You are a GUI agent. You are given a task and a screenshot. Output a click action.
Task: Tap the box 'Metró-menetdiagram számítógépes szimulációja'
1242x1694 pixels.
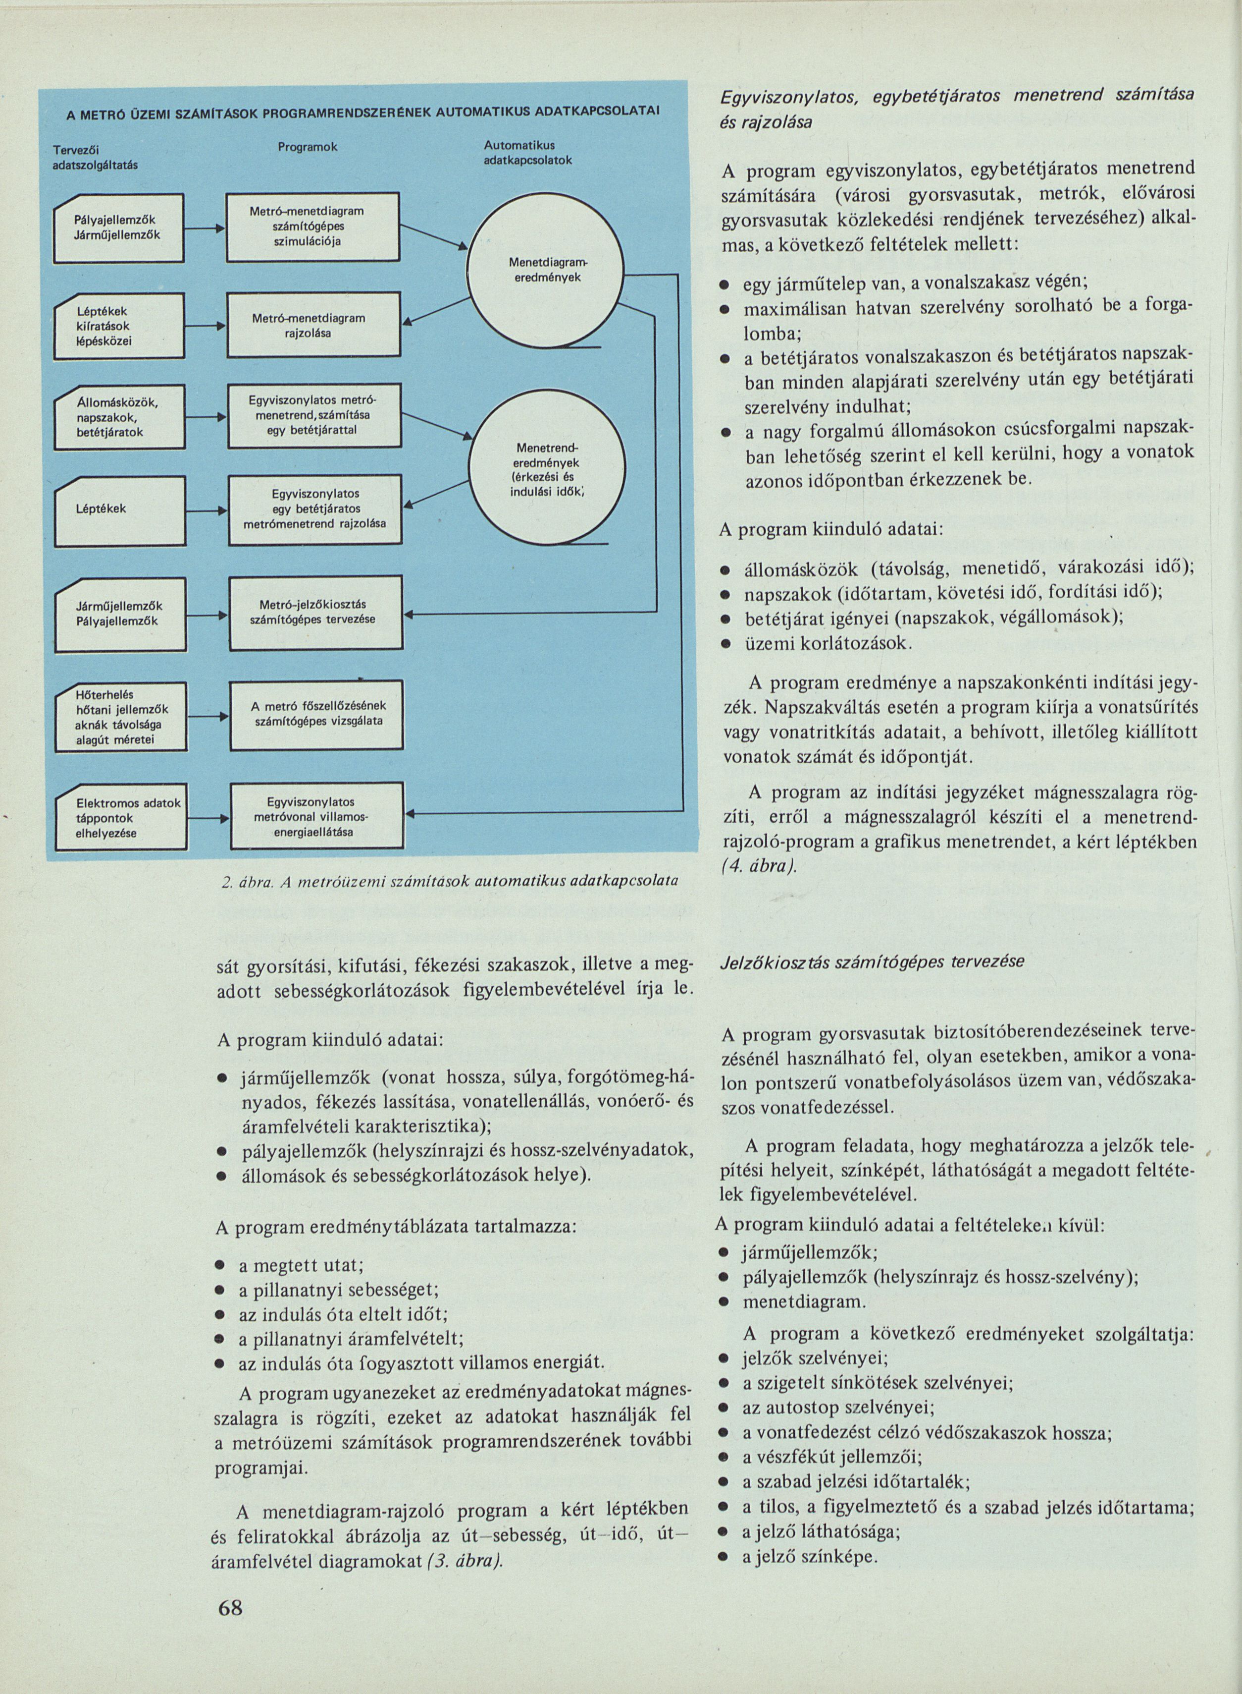[313, 227]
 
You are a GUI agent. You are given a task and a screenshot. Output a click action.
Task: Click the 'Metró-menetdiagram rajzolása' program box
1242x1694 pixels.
[313, 325]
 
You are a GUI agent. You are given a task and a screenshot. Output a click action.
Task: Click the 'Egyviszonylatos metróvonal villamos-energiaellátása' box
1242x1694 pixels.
[316, 817]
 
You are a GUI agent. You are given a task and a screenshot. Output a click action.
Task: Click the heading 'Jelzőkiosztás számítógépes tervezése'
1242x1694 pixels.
[872, 961]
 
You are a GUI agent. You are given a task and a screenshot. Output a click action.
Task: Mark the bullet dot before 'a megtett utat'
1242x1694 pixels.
[222, 1266]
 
